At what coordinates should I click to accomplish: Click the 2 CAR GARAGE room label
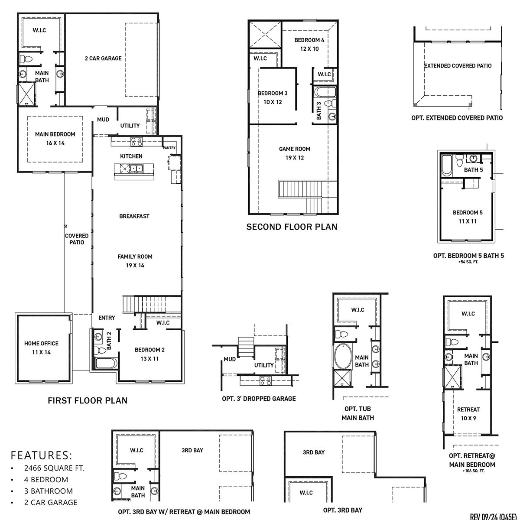point(103,58)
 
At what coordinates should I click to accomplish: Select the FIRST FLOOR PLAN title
point(88,400)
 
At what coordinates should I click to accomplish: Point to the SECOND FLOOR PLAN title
point(292,227)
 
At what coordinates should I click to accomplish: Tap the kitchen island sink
point(137,169)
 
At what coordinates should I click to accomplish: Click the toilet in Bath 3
point(328,104)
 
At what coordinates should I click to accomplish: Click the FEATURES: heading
point(42,455)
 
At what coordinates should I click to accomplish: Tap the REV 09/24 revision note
point(494,516)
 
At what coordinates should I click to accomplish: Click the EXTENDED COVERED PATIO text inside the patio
point(458,66)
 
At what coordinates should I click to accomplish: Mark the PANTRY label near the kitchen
point(169,148)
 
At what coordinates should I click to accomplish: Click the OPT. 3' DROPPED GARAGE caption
point(259,398)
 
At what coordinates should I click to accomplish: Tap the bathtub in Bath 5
point(447,166)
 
